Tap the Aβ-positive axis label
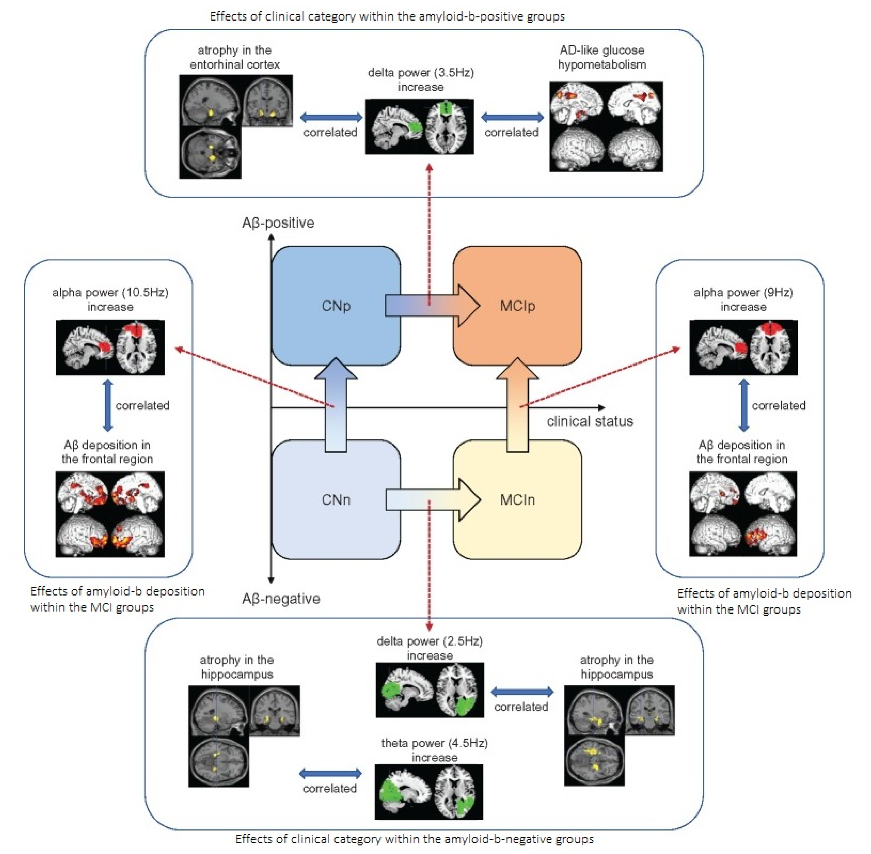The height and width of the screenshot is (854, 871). (x=278, y=223)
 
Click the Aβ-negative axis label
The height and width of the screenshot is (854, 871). (x=281, y=599)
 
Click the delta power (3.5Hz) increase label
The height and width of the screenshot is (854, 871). (x=421, y=79)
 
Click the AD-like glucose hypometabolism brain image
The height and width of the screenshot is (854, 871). (x=606, y=126)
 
